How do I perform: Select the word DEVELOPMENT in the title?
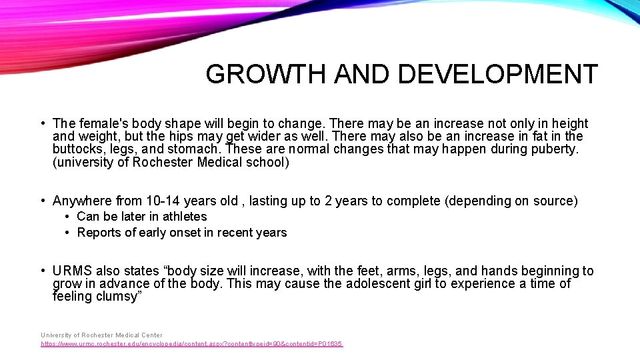[498, 75]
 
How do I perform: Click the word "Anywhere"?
[82, 201]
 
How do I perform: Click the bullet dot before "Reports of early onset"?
[69, 233]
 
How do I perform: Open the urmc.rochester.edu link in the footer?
[191, 344]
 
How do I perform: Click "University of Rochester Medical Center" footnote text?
[101, 335]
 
